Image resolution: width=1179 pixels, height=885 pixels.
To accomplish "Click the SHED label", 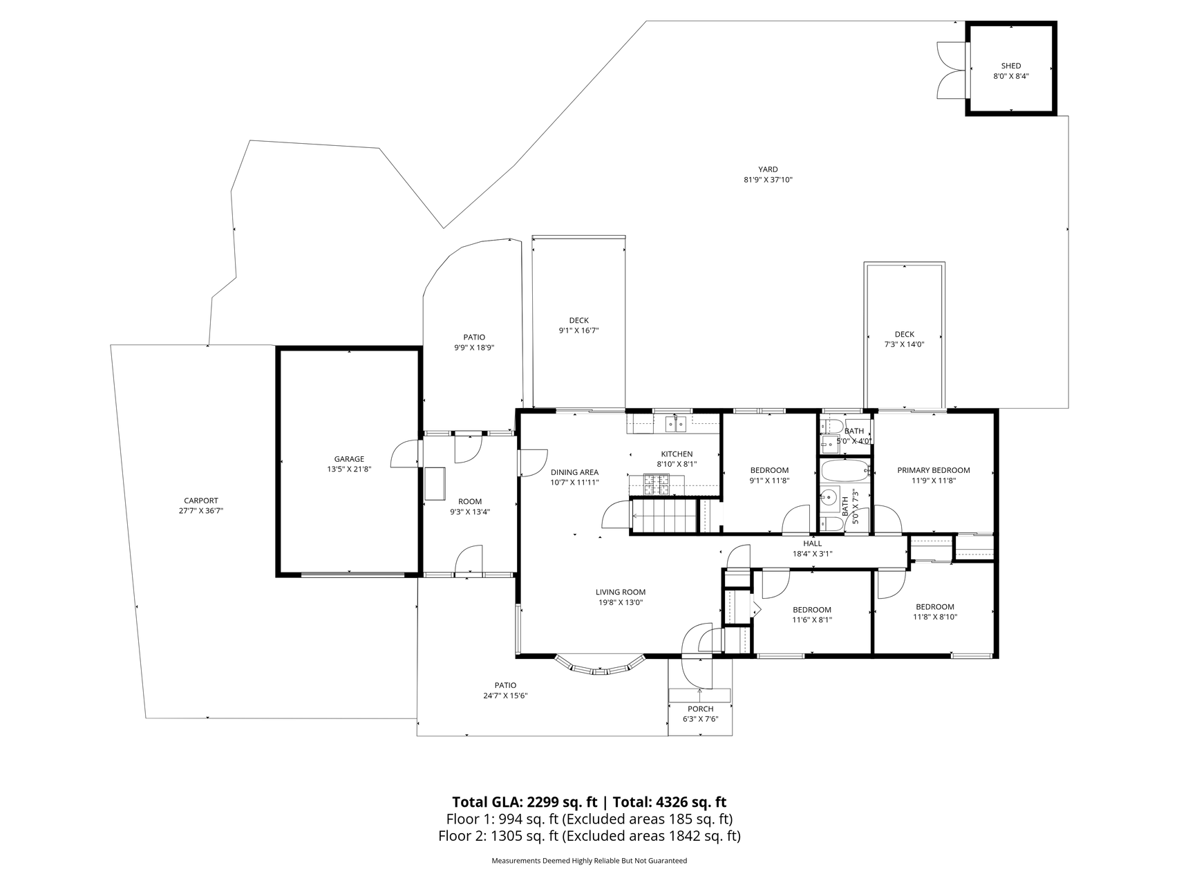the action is pos(1010,66).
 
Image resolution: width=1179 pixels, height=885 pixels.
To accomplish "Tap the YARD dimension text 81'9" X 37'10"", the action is pos(768,180).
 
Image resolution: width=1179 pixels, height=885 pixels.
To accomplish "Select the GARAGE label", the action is pos(349,459).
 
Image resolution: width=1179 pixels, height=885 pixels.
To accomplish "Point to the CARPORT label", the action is pos(201,501).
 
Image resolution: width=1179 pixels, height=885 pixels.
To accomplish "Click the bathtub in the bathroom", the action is pos(845,472).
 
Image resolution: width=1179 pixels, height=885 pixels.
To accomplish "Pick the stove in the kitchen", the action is pos(657,484).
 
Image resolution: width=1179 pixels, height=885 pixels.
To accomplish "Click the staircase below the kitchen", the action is pos(663,516).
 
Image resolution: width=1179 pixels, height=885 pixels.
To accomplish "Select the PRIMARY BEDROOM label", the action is pos(934,470).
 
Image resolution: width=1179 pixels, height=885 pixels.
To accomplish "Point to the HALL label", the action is pos(813,543).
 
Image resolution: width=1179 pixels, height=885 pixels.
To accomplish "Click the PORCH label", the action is pos(700,709).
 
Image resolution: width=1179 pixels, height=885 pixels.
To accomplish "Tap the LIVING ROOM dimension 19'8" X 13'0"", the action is pos(621,602).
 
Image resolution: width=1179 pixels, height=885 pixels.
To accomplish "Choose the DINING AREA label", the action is pos(574,473).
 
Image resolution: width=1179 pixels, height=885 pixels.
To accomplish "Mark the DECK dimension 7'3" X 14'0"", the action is pos(904,344).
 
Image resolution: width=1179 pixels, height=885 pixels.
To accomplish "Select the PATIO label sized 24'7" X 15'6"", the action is pos(505,686).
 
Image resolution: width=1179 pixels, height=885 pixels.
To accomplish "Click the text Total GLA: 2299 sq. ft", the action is pos(525,802).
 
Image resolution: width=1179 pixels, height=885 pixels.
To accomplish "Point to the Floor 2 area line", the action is pos(589,836).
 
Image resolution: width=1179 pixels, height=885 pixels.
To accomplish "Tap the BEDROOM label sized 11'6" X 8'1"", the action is pos(812,610).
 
